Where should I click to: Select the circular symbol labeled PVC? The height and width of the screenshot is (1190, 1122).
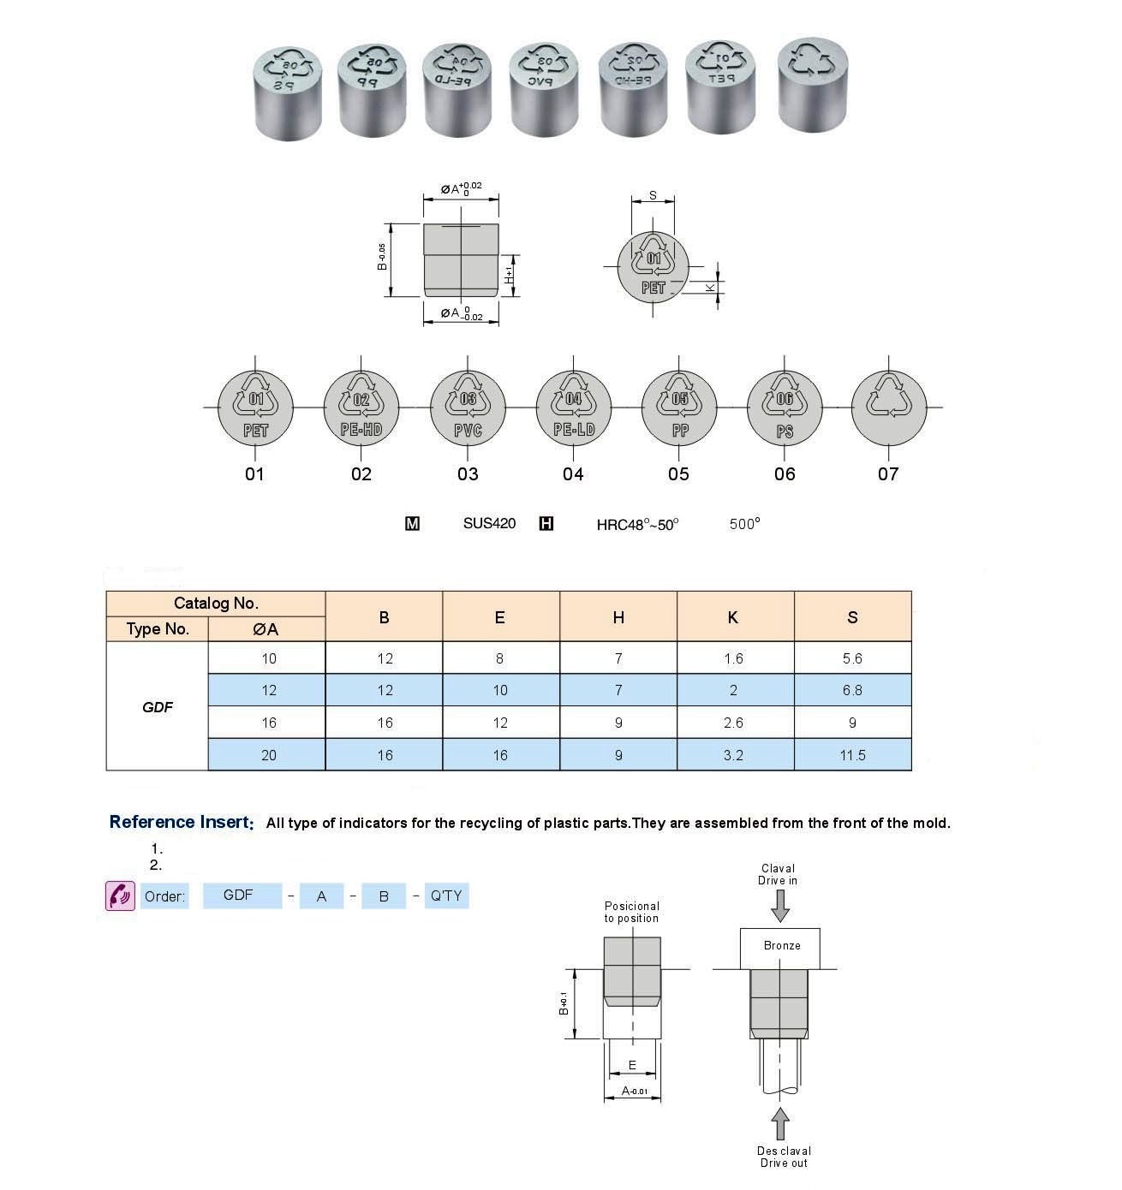coord(468,408)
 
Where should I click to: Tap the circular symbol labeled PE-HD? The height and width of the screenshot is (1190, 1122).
coord(361,408)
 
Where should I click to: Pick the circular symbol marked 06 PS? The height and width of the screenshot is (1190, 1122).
coord(785,408)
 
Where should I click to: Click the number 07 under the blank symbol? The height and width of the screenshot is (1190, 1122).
coord(888,474)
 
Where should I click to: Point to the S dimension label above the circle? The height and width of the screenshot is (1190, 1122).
coord(653,195)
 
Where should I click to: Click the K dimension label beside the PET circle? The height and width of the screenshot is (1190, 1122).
coord(710,288)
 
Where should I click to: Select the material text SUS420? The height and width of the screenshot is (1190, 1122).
coord(489,523)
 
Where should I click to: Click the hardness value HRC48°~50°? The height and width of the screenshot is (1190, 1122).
coord(637,524)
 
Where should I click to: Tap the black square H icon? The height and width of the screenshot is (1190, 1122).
coord(546,524)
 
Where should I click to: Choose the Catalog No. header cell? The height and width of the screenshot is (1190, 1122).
coord(216,604)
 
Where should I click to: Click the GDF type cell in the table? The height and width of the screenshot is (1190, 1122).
coord(158,707)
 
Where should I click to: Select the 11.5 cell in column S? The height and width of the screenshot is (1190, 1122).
coord(852,755)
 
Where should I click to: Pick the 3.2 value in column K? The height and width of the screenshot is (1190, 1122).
coord(733,755)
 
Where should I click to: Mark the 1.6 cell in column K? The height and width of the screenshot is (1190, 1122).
coord(733,658)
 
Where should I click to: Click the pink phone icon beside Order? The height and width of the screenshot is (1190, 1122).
coord(120,895)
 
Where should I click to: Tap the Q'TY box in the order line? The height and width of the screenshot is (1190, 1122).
coord(446,895)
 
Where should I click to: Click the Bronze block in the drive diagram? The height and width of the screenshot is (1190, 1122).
coord(780,947)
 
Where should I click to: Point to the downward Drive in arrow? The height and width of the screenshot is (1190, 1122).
coord(779,905)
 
